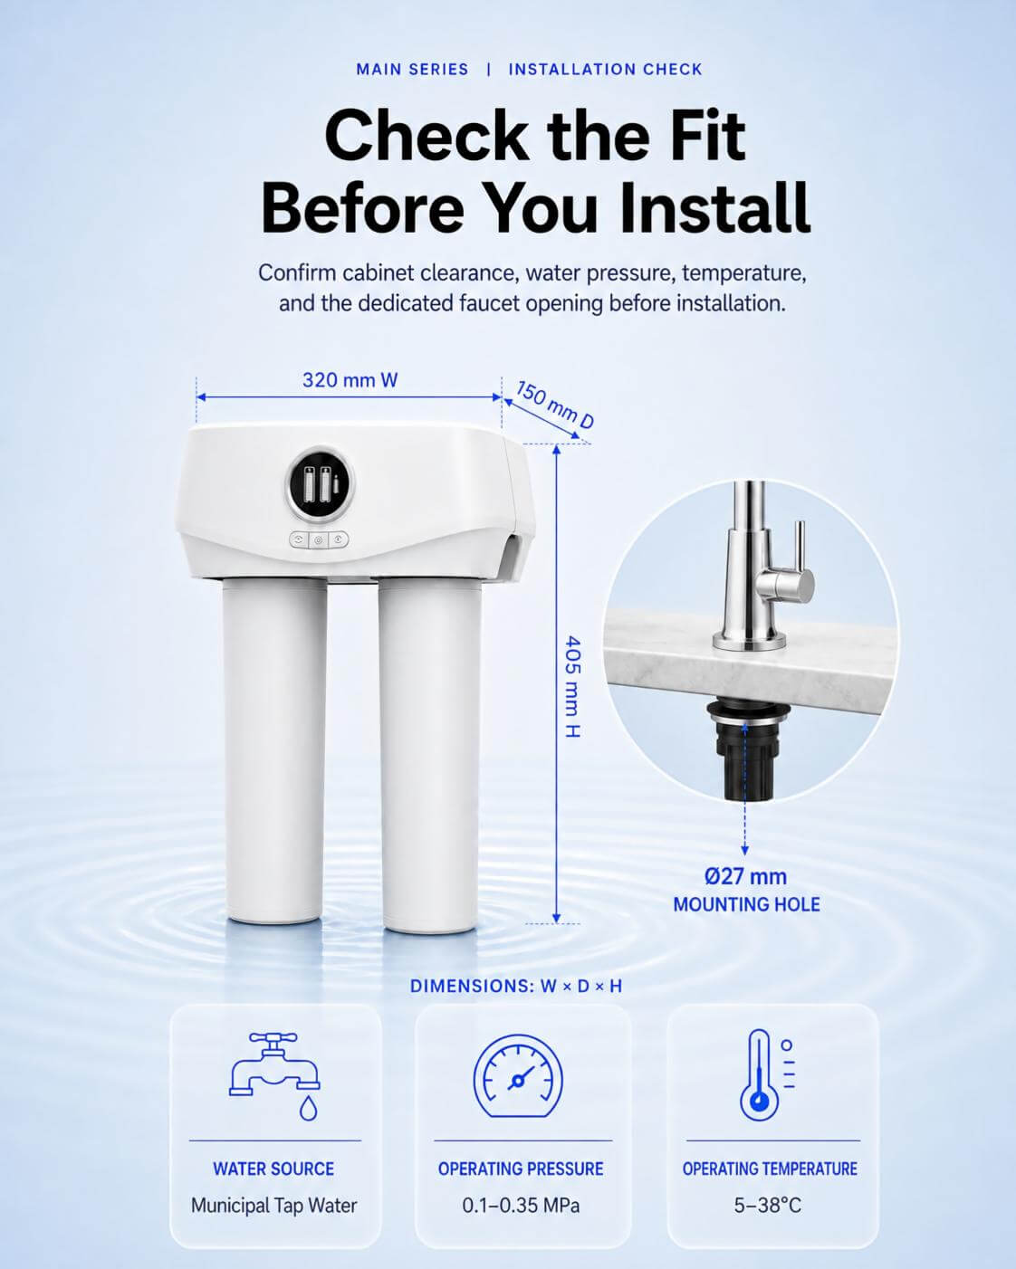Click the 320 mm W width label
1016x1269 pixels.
(350, 380)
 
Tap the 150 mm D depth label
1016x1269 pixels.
(554, 405)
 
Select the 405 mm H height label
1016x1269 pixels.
(572, 686)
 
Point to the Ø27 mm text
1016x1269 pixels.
(745, 876)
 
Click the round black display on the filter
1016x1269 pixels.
(320, 484)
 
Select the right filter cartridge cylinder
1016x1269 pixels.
(429, 755)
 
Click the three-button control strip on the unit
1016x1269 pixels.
(319, 539)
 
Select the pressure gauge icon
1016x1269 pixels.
(518, 1076)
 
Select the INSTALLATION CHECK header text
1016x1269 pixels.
(606, 70)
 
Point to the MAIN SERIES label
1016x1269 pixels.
(412, 70)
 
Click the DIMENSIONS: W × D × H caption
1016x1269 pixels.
(516, 987)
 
